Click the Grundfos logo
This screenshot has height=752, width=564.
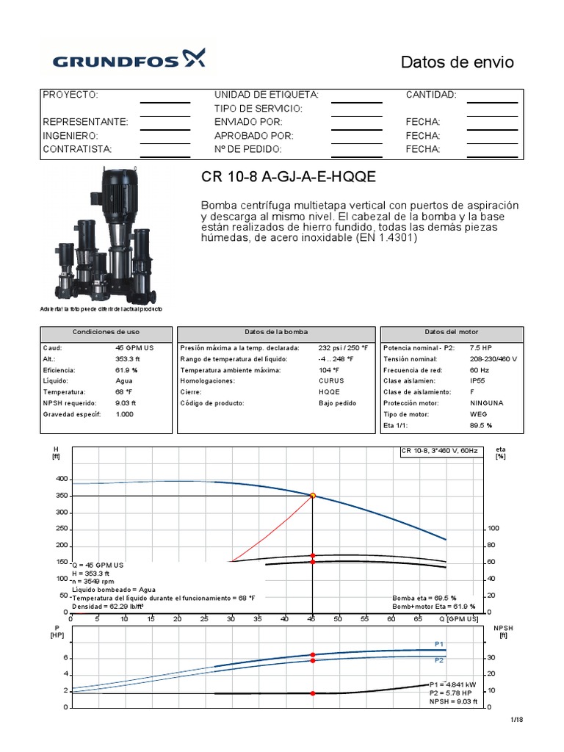pos(129,57)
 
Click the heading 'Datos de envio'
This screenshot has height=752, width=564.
pos(457,62)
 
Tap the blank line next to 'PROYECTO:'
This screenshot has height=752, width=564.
pos(164,96)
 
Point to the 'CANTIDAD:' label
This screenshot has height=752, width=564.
pos(431,95)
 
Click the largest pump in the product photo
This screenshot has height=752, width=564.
pos(120,220)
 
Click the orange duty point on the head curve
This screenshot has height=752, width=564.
pos(313,496)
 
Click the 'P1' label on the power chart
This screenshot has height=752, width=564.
pos(439,644)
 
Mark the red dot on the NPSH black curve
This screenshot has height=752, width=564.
pos(313,693)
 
